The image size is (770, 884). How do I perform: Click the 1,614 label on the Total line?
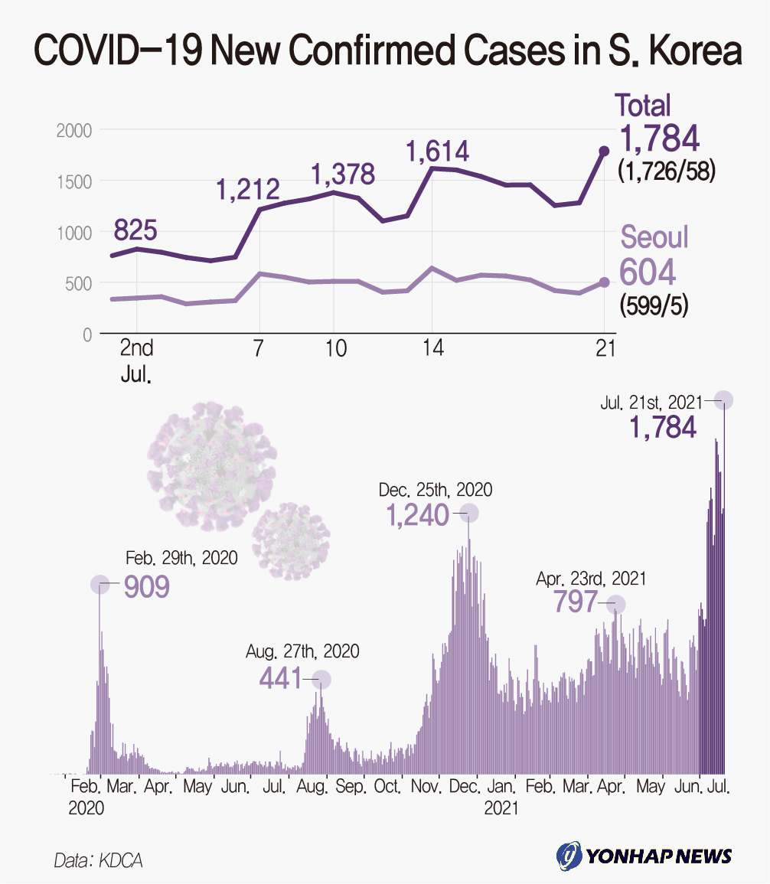click(x=437, y=150)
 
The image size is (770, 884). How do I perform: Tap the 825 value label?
click(x=135, y=229)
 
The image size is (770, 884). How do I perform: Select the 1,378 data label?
click(x=343, y=175)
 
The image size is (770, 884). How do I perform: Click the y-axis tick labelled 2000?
click(x=74, y=131)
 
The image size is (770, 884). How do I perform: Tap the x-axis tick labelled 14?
click(x=432, y=348)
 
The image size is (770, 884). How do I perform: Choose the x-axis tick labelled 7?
click(x=258, y=348)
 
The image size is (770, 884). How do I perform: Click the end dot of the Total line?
click(x=604, y=151)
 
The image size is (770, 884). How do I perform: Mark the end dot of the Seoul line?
click(x=604, y=282)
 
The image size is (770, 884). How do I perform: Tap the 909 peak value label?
click(x=146, y=587)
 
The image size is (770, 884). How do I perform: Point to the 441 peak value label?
click(x=280, y=678)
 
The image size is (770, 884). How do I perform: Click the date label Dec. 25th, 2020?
click(x=436, y=489)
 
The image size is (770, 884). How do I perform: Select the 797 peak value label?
click(x=575, y=602)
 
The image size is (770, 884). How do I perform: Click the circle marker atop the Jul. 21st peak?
click(x=723, y=400)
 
